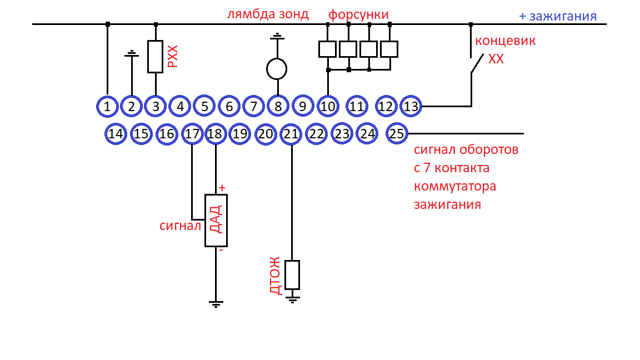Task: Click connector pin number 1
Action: click(x=107, y=106)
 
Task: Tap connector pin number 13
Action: click(x=411, y=106)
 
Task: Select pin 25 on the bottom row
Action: click(x=397, y=134)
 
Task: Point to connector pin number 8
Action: click(x=277, y=106)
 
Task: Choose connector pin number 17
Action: click(x=192, y=134)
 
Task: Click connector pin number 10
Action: click(x=328, y=106)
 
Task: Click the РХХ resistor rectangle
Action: click(x=155, y=57)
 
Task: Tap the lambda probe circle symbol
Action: click(x=277, y=69)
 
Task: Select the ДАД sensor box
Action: click(x=216, y=221)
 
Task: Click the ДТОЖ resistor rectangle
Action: click(x=292, y=274)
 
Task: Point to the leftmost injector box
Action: click(x=327, y=49)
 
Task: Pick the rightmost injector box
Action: click(x=389, y=49)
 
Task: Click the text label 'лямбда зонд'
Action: click(x=268, y=14)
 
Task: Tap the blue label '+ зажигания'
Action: click(x=557, y=17)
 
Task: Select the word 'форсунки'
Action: click(x=358, y=14)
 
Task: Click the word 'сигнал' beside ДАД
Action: click(x=180, y=226)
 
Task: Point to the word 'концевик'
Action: click(x=505, y=41)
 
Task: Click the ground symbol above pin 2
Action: click(x=132, y=54)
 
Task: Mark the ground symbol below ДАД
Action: click(x=216, y=303)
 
